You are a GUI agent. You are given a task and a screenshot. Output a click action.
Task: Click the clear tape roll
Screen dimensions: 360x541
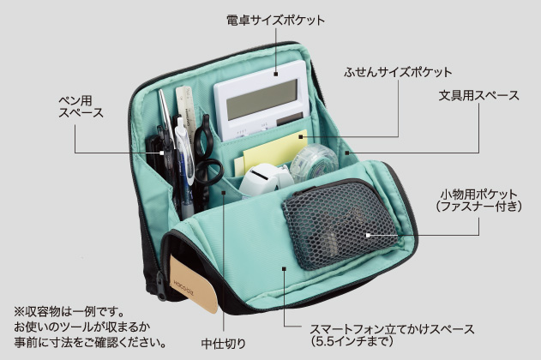[314, 160]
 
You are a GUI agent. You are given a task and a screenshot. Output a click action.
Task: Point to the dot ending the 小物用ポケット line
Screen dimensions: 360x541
[366, 234]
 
